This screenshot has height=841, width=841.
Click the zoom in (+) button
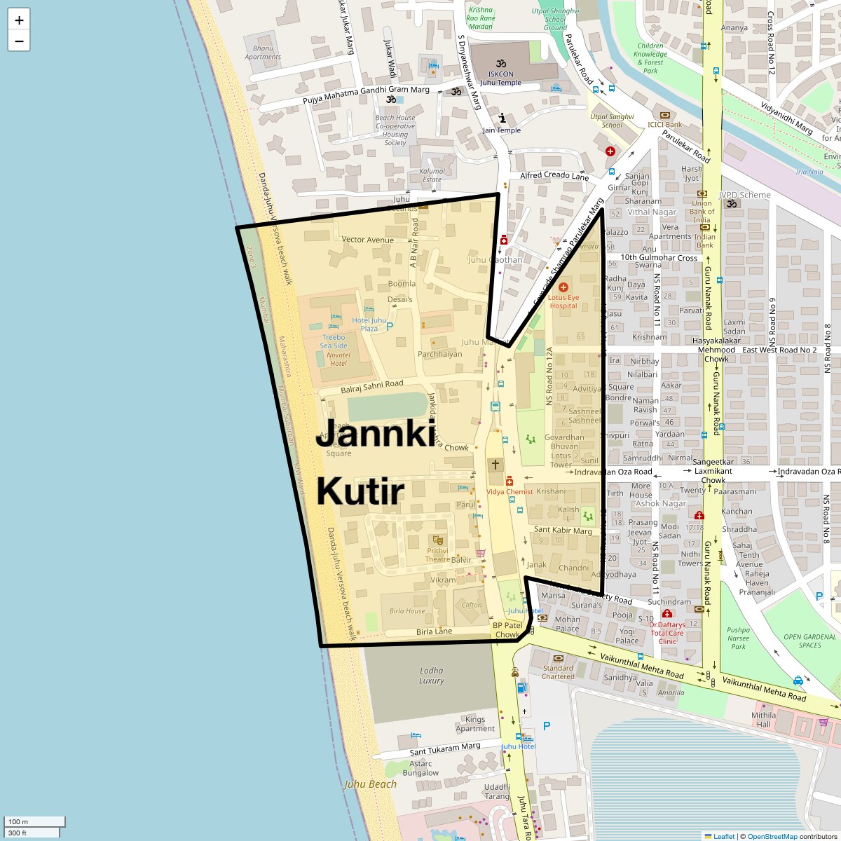click(x=19, y=20)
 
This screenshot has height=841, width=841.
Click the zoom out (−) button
click(x=19, y=41)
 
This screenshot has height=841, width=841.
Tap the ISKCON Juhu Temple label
click(x=500, y=78)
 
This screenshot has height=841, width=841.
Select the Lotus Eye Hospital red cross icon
click(x=563, y=287)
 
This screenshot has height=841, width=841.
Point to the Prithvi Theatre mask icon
click(x=437, y=540)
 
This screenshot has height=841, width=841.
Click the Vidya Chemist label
click(x=510, y=492)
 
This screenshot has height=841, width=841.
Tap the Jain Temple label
click(x=502, y=130)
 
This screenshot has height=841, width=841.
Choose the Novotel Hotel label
click(x=339, y=359)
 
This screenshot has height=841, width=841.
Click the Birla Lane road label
click(x=434, y=631)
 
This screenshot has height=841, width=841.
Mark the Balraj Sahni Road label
click(x=372, y=386)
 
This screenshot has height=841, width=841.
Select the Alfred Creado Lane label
click(x=554, y=177)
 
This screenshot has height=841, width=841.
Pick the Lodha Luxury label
click(x=432, y=676)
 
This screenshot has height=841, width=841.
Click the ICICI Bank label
click(x=664, y=125)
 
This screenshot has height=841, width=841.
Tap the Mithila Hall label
click(x=764, y=720)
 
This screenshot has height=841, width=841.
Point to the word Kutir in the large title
click(x=360, y=491)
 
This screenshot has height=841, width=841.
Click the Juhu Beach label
click(x=370, y=784)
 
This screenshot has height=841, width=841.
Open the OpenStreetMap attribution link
click(x=772, y=836)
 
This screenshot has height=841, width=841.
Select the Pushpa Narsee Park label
click(x=738, y=638)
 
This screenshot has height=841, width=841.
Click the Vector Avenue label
click(x=367, y=240)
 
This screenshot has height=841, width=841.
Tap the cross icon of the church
click(x=495, y=465)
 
